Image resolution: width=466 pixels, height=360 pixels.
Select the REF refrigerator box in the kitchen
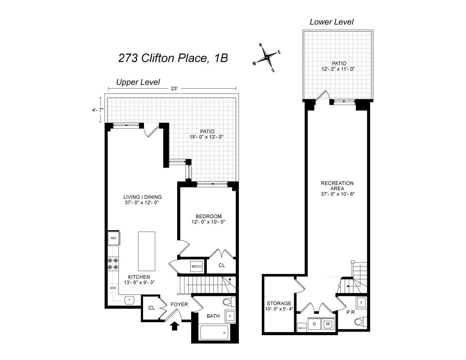(114, 238)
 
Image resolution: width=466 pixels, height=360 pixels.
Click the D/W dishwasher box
(113, 288)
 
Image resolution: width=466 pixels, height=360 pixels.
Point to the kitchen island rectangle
(147, 251)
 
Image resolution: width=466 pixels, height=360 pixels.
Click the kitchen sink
(129, 299)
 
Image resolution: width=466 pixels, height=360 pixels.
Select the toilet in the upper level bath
(228, 301)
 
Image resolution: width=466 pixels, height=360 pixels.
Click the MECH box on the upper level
(196, 266)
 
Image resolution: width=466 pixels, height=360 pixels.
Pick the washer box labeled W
(328, 324)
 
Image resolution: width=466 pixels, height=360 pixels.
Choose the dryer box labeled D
(314, 324)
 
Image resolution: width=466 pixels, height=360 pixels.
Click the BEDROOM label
(209, 216)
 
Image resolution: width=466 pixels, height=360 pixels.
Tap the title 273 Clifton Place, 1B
(173, 58)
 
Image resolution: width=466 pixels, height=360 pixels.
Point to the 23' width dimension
(174, 89)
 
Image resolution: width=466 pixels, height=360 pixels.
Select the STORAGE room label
(279, 303)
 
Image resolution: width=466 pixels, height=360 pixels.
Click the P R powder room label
(350, 312)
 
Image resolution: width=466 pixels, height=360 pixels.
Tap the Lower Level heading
(331, 22)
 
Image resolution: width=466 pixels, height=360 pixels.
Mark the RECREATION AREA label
(337, 186)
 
